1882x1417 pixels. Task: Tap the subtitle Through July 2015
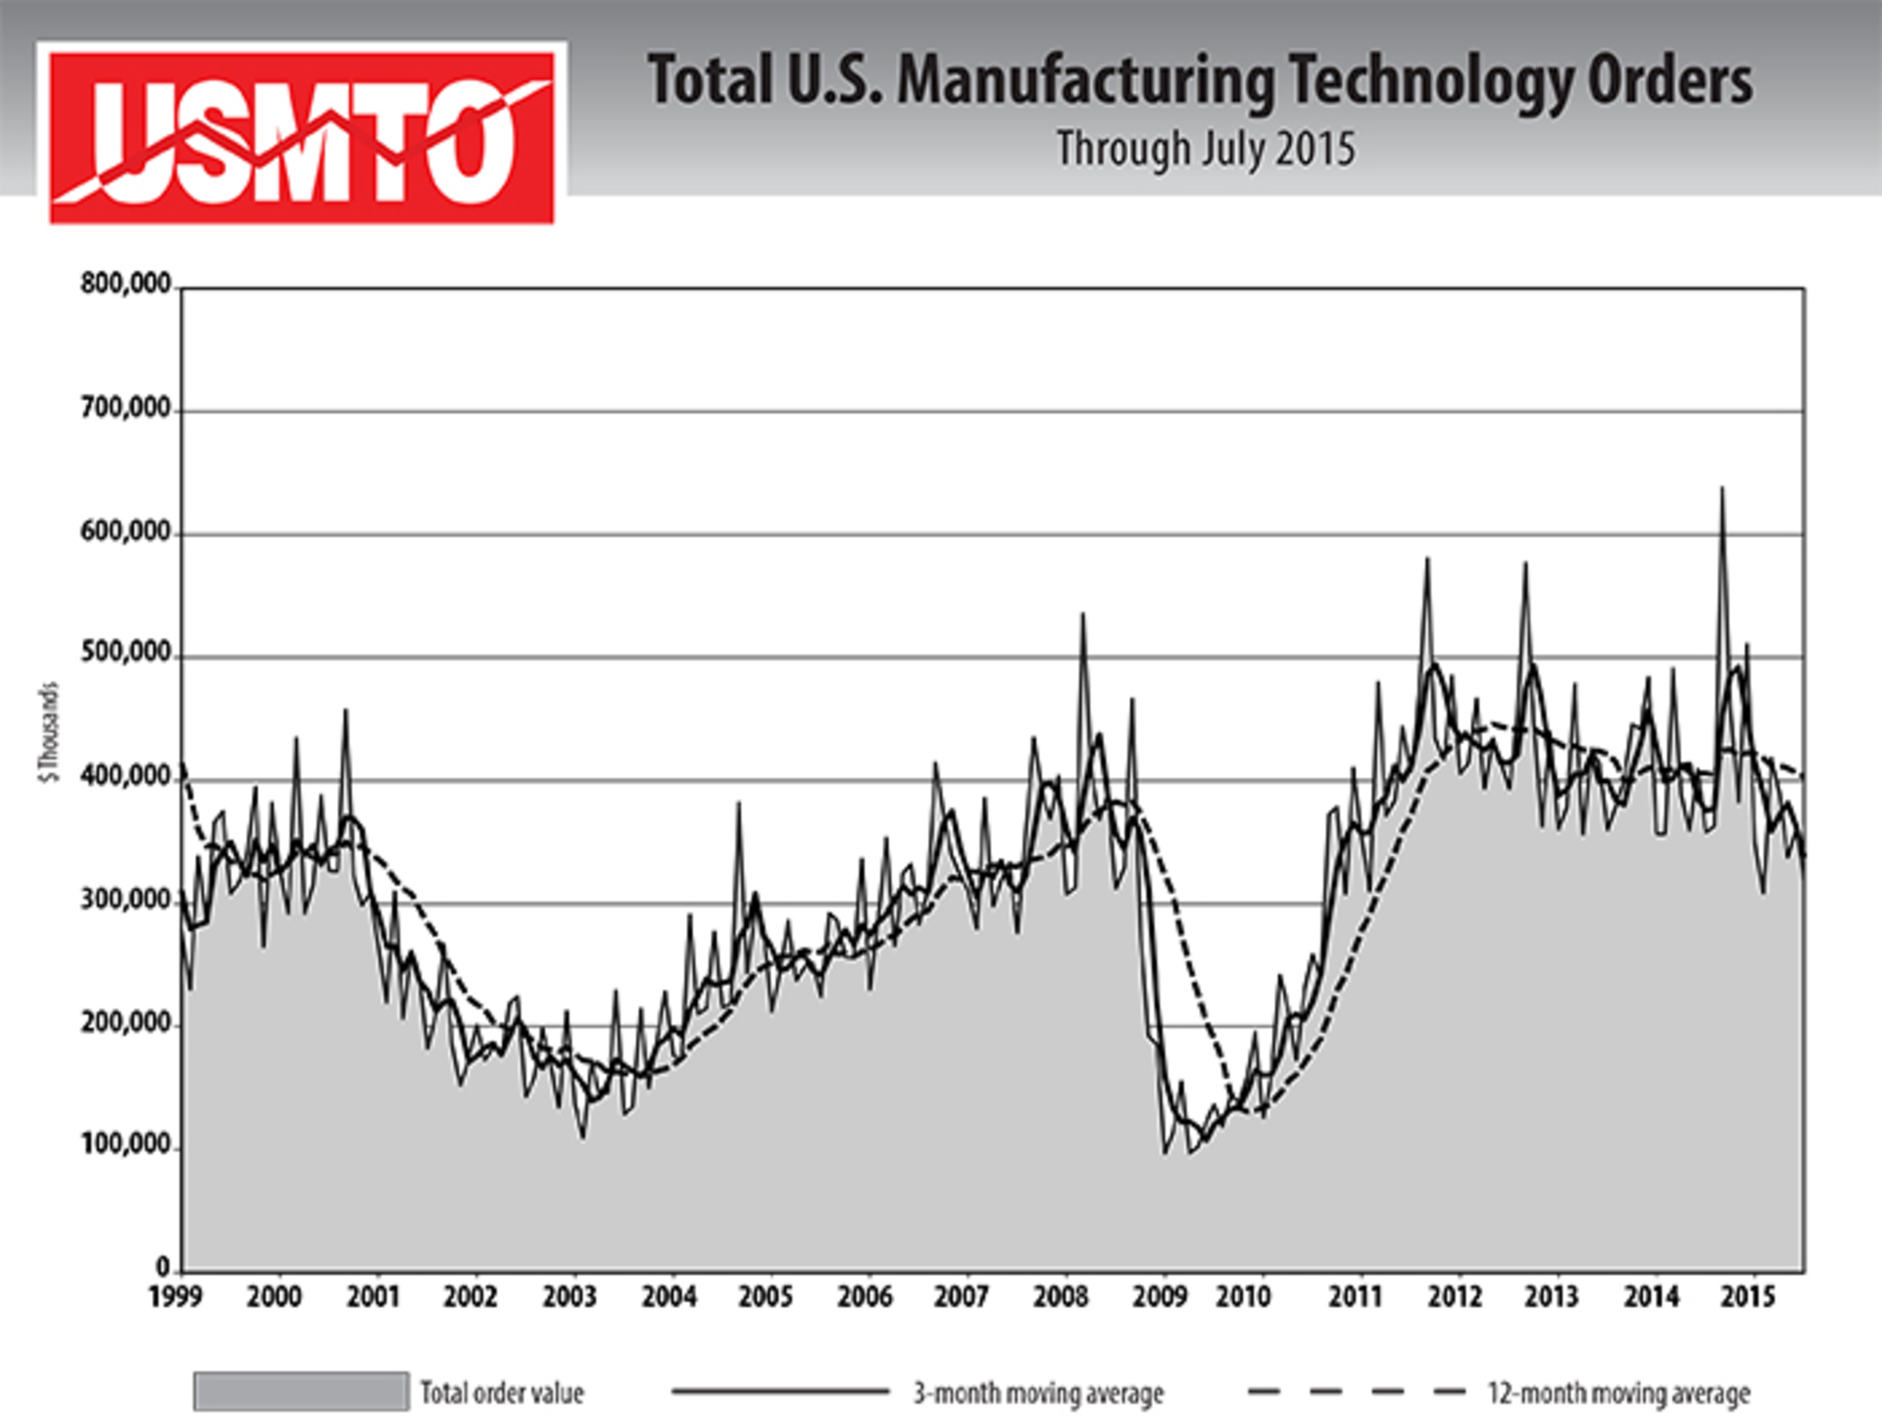1206,150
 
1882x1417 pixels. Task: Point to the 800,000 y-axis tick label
125,284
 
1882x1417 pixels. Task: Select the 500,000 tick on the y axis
125,653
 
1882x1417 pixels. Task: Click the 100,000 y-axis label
125,1145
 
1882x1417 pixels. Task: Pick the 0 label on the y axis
163,1267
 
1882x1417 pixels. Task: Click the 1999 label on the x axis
175,1297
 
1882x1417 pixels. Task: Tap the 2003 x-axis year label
570,1297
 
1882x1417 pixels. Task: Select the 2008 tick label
1061,1297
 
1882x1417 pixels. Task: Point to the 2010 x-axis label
1243,1297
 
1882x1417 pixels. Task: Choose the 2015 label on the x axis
1748,1297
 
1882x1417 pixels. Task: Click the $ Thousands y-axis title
49,732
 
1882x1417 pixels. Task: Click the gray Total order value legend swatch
301,1392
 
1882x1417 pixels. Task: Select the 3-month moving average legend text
1039,1393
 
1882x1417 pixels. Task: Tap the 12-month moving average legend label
1618,1393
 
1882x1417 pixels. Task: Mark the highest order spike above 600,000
1722,489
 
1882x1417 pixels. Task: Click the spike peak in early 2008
1082,615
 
